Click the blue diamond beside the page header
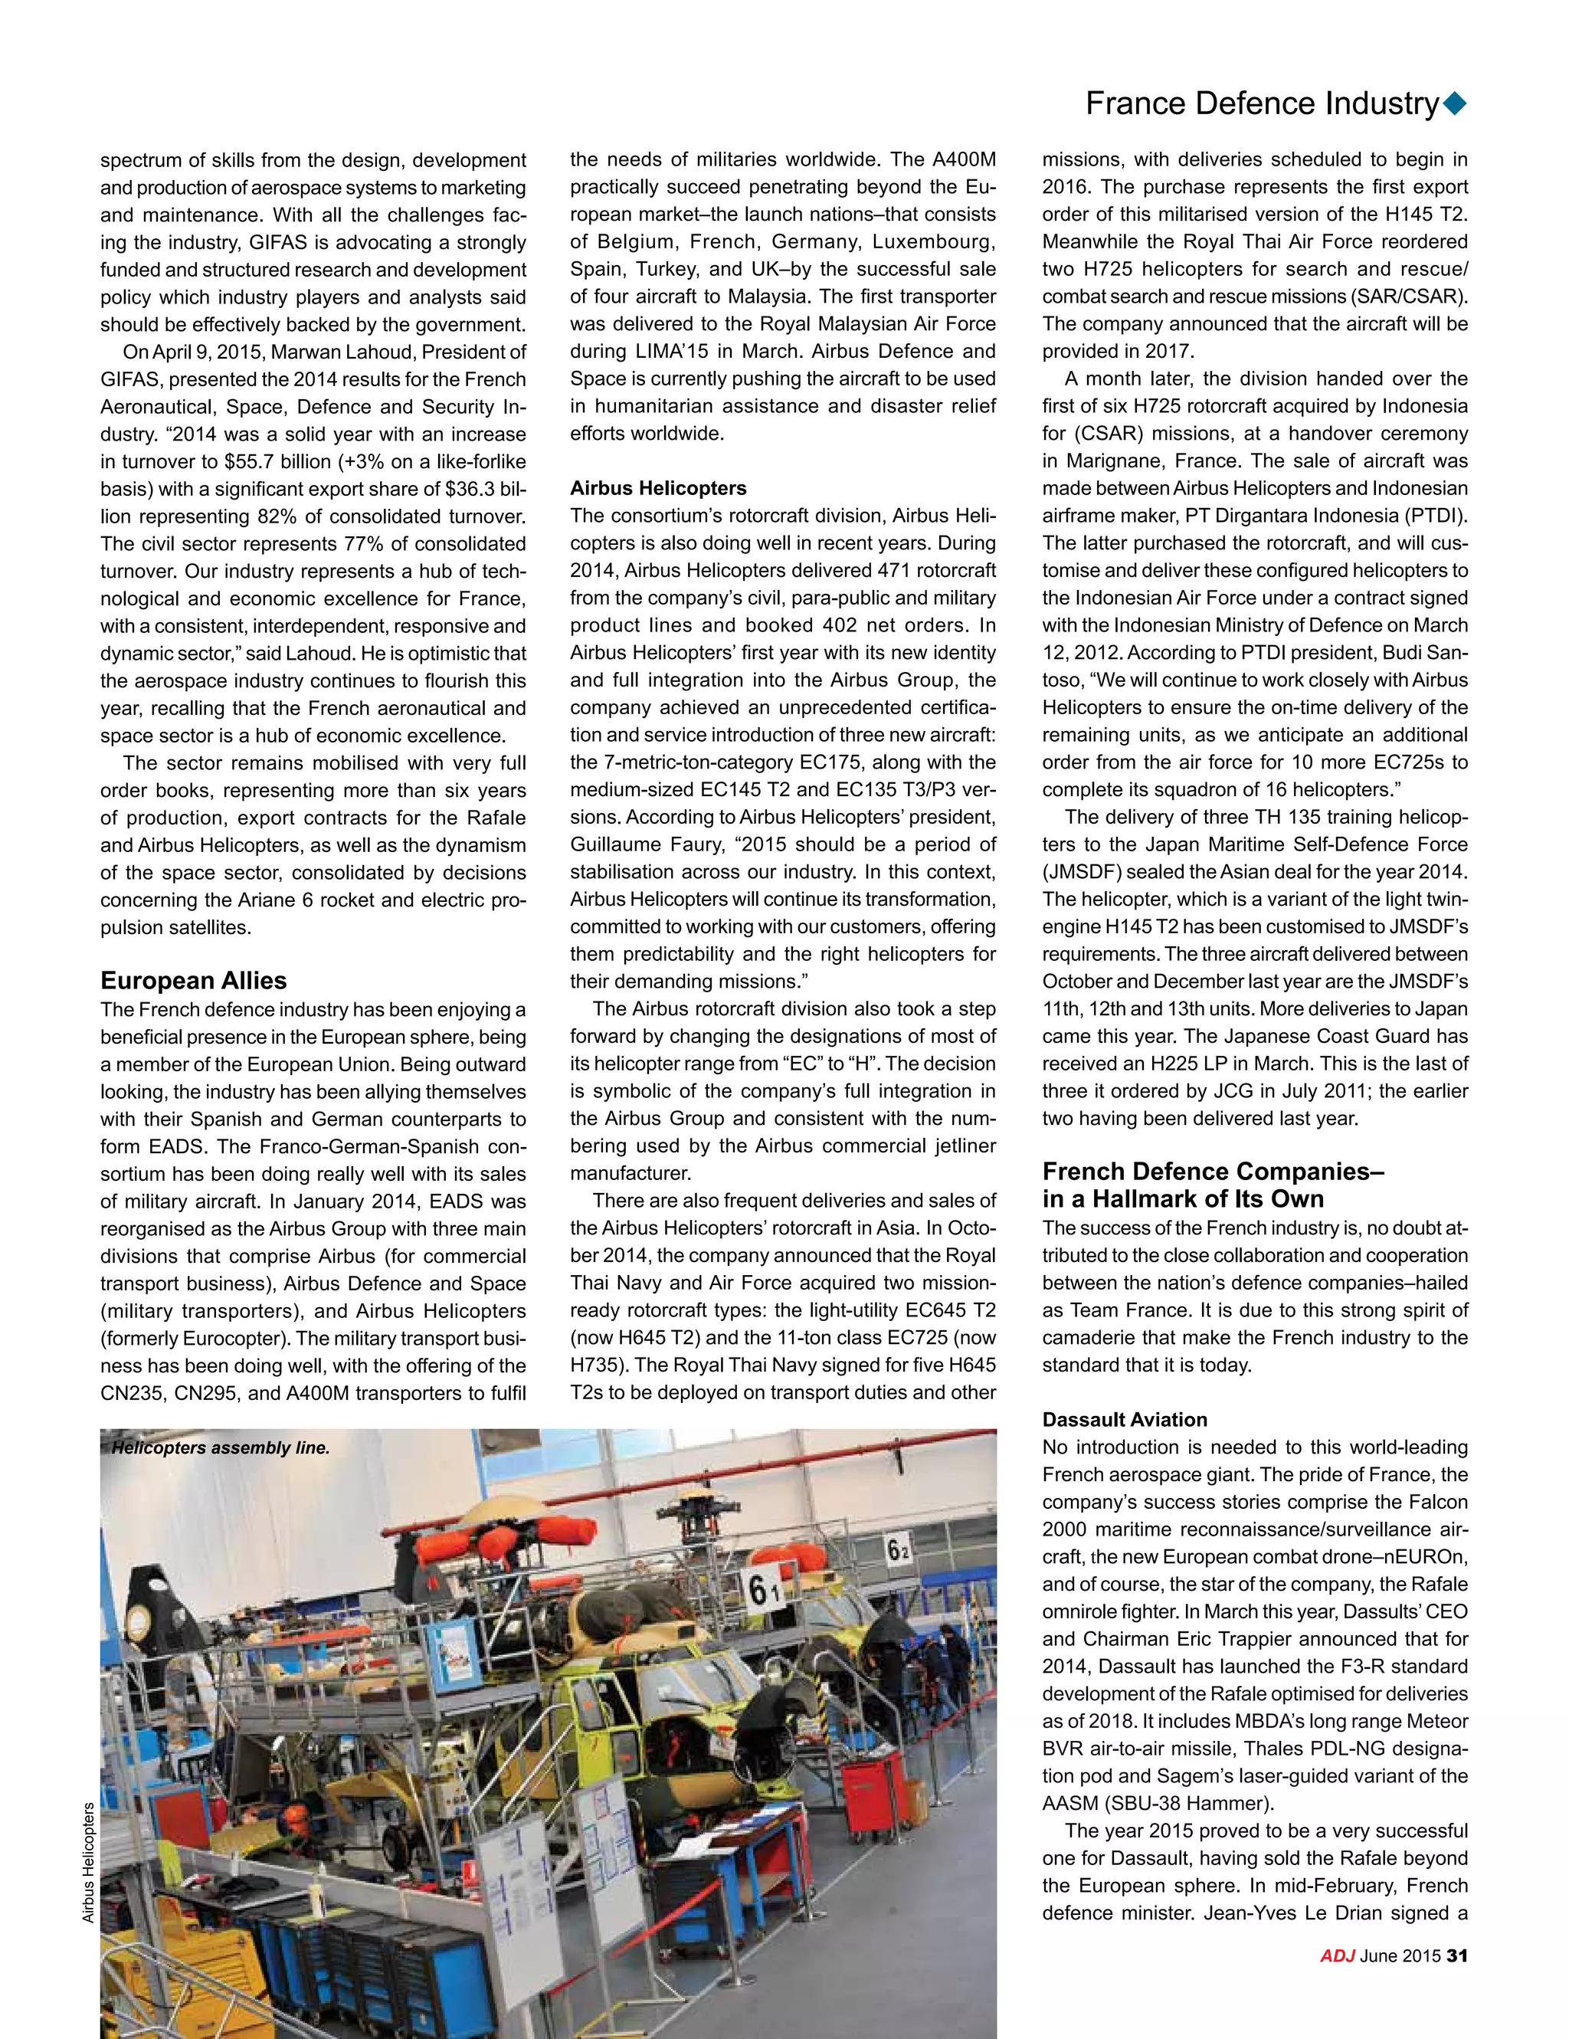coord(1454,103)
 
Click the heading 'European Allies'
coord(193,980)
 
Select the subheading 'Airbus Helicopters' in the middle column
coord(658,488)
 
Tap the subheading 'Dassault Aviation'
coord(1125,1420)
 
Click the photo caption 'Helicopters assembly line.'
coord(221,1448)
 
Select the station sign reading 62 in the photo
coord(899,1552)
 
